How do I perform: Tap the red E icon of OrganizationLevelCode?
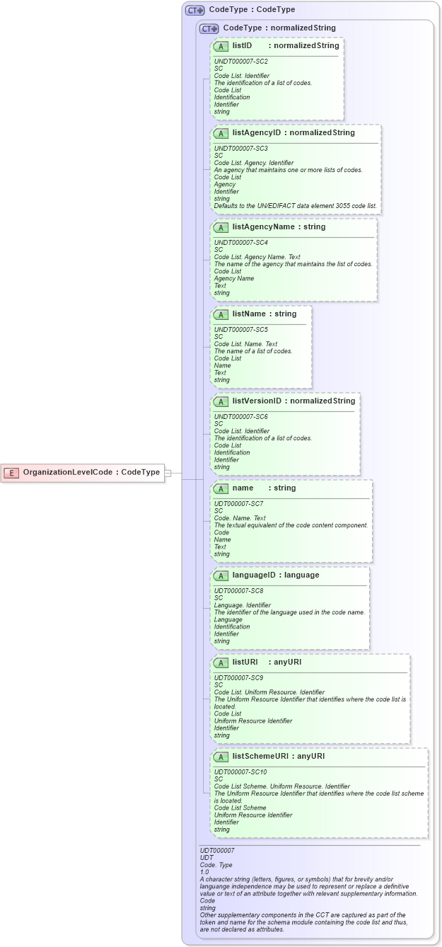tap(11, 472)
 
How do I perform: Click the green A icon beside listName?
tap(221, 314)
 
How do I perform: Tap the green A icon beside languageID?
tap(221, 575)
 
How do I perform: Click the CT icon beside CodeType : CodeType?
tap(194, 11)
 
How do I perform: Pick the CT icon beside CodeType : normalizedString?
tap(209, 28)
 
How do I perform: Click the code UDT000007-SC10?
tap(240, 771)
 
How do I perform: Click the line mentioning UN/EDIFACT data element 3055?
tap(296, 206)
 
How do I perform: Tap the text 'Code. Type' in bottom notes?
tap(216, 865)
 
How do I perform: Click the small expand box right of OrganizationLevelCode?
tap(168, 472)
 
